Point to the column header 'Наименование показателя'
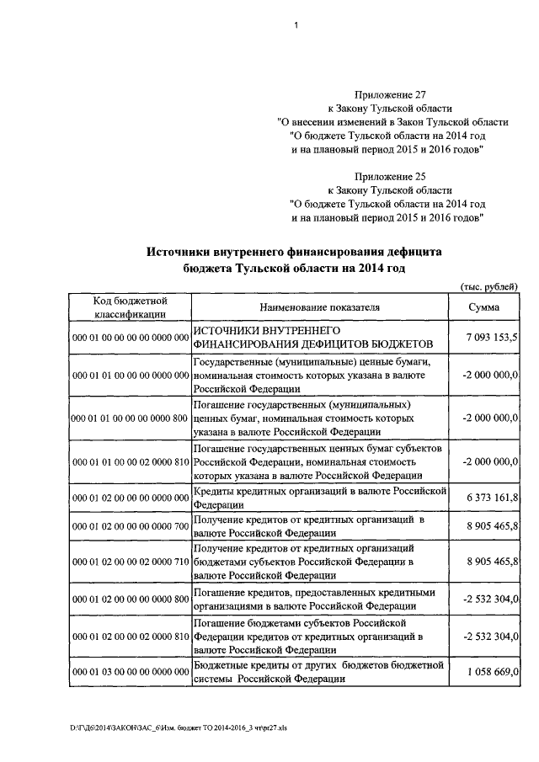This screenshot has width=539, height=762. click(319, 307)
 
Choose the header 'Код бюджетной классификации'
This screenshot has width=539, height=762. click(130, 307)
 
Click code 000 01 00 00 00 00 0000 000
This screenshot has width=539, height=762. click(130, 337)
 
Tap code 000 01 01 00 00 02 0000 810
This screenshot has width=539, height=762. click(130, 462)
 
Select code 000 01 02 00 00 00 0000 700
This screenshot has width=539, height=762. click(130, 527)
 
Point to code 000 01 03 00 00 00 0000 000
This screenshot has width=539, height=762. click(130, 673)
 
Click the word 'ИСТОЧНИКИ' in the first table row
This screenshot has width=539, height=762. click(227, 330)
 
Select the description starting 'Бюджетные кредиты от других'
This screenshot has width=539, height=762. click(319, 673)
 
